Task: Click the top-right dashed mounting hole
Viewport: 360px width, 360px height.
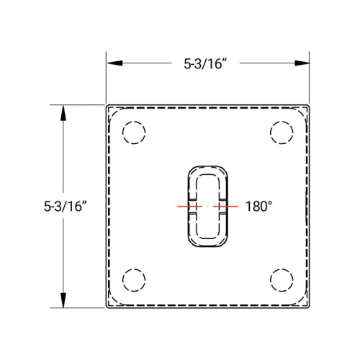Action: tap(282, 133)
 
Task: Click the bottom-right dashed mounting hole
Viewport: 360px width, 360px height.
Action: tap(282, 279)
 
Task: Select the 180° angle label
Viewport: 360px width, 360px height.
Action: tap(259, 207)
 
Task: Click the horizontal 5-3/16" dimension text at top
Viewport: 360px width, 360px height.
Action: tap(208, 63)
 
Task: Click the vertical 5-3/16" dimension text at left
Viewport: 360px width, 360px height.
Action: tap(66, 207)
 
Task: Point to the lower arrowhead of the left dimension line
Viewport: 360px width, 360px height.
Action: tap(64, 302)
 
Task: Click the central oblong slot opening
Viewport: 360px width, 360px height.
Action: tap(208, 207)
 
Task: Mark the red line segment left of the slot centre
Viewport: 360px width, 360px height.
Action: tap(189, 207)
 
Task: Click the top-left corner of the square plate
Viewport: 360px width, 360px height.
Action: tap(107, 105)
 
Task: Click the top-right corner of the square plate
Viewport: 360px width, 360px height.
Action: tap(310, 105)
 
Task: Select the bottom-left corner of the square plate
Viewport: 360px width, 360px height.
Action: tap(107, 308)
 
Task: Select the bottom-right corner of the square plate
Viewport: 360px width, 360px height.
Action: tap(310, 308)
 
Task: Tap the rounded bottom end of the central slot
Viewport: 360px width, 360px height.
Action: tap(208, 243)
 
